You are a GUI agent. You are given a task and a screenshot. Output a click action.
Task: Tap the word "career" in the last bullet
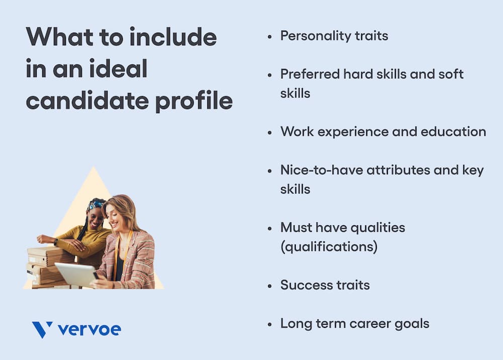[374, 324]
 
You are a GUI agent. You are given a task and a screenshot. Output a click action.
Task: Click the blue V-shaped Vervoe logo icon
[42, 330]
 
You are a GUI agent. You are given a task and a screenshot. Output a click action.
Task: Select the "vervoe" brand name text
[89, 330]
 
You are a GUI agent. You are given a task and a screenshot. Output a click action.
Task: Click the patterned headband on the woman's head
[95, 205]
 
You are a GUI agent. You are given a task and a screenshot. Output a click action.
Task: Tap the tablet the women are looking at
[76, 275]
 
